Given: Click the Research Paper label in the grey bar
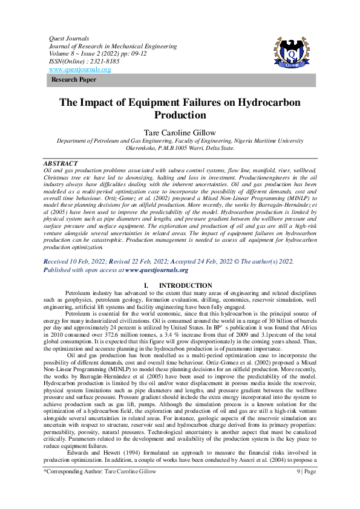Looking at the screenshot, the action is [74, 80].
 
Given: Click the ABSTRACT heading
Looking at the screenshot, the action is [61, 164].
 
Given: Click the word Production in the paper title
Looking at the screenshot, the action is [180, 115].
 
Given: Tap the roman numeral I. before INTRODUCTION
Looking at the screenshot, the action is [145, 285].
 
